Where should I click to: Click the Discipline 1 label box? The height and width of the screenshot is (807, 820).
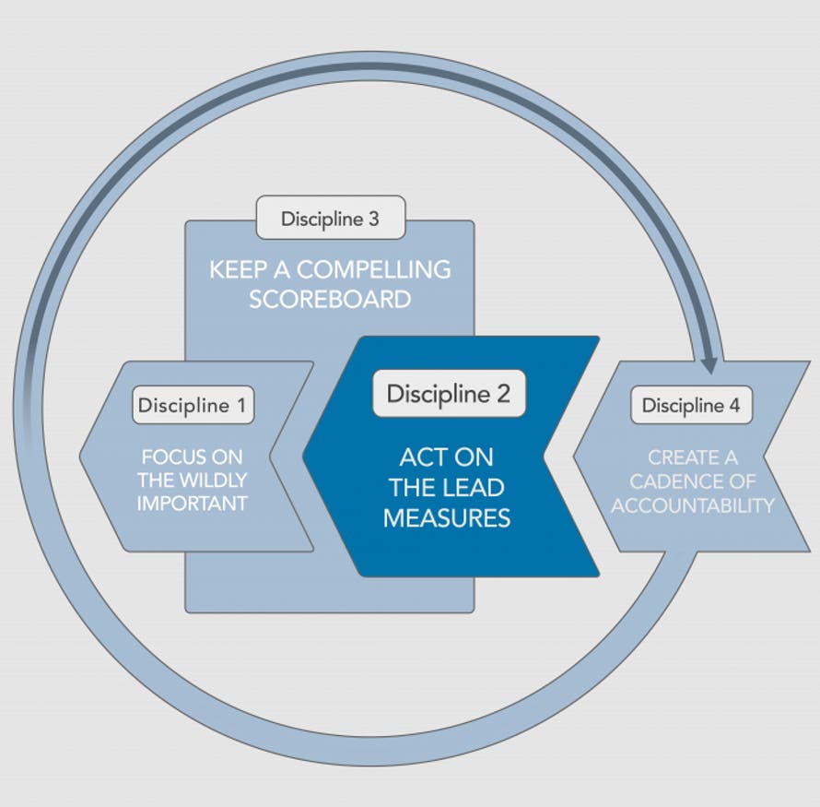pos(192,405)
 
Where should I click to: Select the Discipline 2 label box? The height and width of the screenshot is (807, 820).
pos(448,394)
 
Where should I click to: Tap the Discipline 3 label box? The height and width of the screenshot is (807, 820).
pos(330,219)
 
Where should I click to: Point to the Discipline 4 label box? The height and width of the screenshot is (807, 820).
pos(691,405)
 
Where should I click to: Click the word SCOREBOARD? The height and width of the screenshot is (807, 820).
pos(330,300)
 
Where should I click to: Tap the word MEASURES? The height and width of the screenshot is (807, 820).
pos(447,517)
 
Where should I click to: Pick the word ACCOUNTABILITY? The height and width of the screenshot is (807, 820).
pos(693,505)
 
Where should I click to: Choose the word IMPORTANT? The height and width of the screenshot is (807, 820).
pos(193,504)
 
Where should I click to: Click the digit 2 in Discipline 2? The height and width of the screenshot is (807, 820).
pos(502,394)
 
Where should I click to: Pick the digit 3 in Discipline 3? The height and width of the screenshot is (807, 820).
pos(372,219)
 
